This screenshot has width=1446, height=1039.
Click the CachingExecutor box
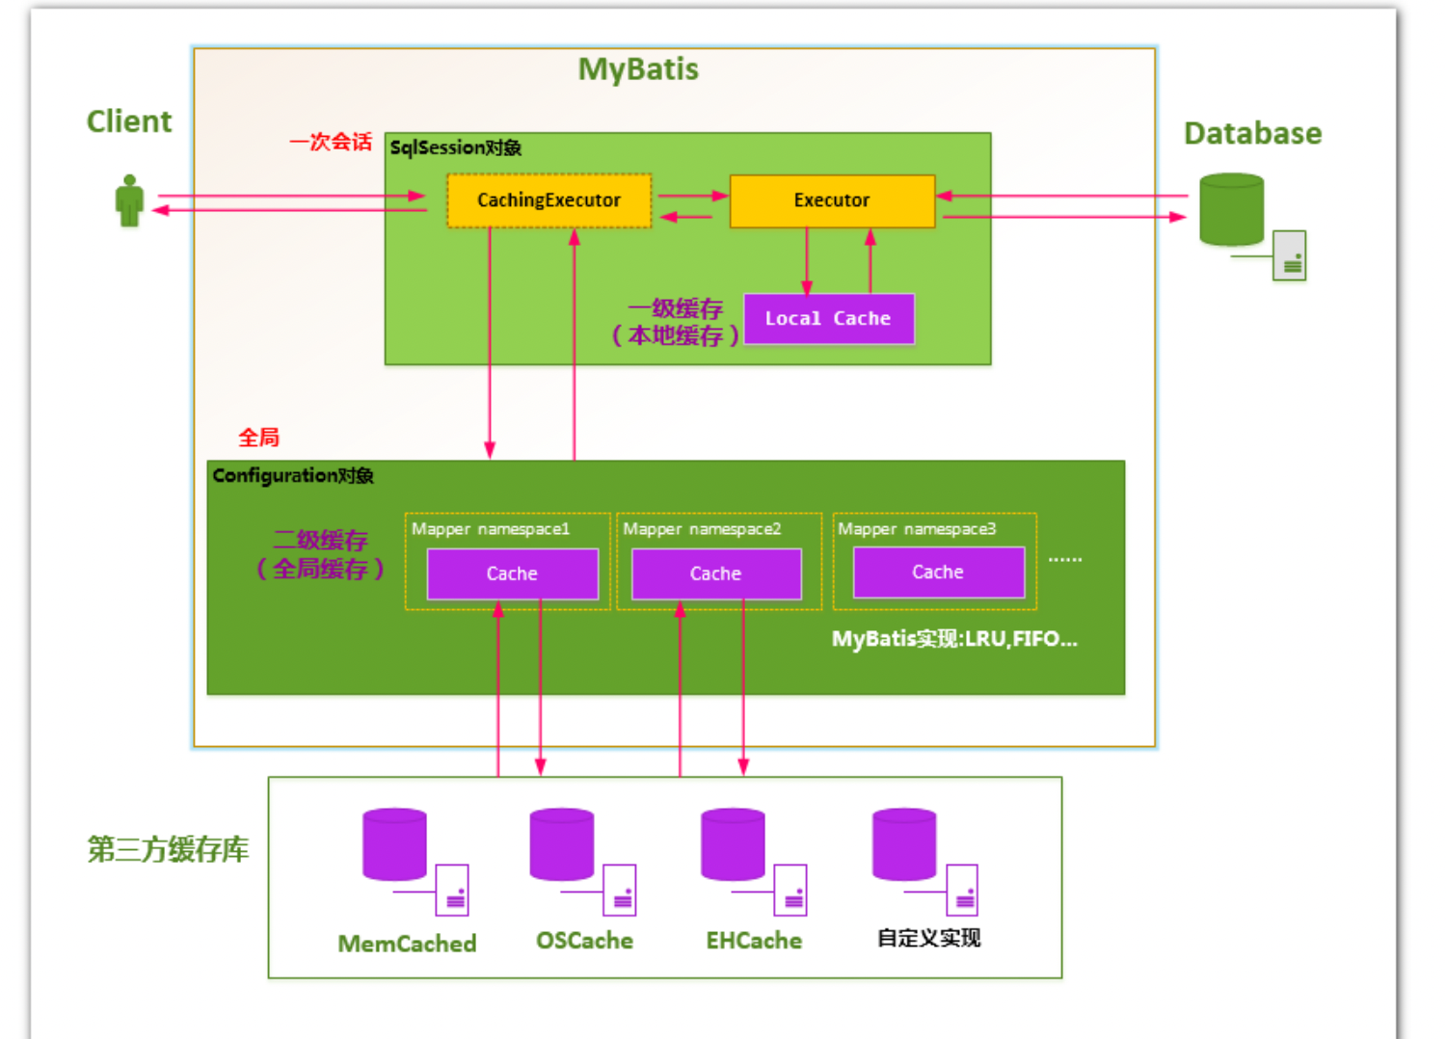coord(549,200)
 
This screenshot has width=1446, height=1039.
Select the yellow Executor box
coord(832,200)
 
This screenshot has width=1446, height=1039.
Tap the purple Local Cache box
coord(828,319)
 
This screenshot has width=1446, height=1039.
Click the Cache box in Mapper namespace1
coord(512,573)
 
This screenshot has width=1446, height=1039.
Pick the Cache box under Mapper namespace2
coord(716,573)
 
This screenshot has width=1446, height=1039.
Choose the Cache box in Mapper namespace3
coord(938,573)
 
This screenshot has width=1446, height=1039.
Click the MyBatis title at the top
coord(638,69)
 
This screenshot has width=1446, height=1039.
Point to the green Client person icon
coord(129,200)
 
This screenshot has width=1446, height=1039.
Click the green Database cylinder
coord(1231,209)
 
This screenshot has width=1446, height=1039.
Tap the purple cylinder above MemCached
coord(394,844)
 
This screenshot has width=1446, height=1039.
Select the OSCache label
coord(584,941)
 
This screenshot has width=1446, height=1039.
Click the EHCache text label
coord(754,941)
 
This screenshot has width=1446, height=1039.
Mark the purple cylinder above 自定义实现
coord(903,844)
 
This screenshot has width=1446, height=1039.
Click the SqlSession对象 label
coord(455,147)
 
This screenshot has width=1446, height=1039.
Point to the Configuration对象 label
coord(293,475)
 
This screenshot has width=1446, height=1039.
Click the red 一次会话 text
coord(331,142)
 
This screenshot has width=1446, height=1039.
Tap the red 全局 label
coord(258,438)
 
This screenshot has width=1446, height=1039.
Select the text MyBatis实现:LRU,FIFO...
coord(954,639)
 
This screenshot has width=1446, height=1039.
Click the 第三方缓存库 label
coord(168,849)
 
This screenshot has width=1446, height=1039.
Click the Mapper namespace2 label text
coord(702,529)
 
